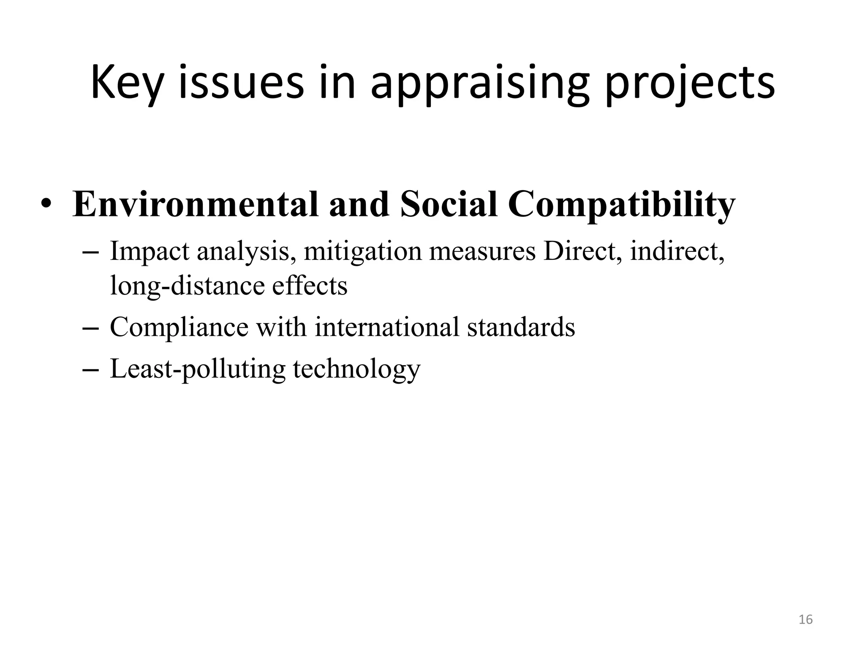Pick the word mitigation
click(x=363, y=251)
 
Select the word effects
click(x=310, y=285)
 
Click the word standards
click(x=521, y=327)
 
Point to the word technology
click(x=356, y=369)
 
